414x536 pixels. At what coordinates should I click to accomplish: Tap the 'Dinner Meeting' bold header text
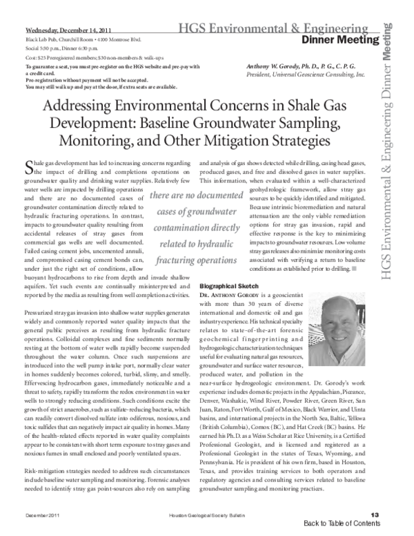tap(346, 40)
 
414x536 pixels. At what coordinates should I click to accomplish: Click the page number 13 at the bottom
tap(375, 515)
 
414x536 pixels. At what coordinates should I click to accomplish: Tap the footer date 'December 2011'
tap(43, 515)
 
